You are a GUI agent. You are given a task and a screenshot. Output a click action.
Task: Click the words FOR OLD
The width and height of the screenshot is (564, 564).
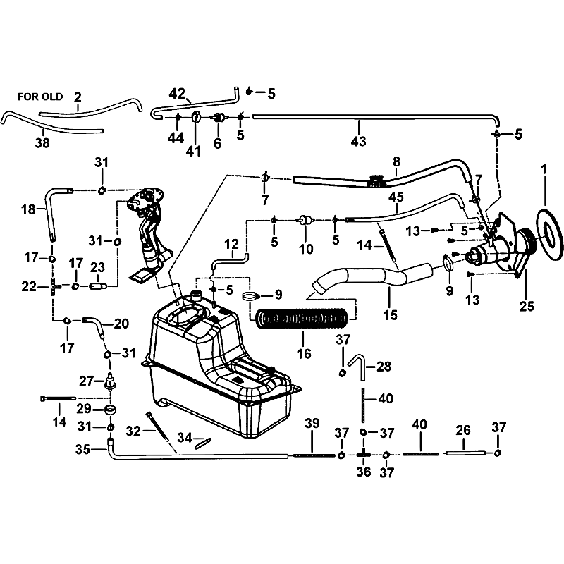tap(40, 97)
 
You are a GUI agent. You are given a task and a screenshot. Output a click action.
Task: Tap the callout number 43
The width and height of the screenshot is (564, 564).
tap(358, 141)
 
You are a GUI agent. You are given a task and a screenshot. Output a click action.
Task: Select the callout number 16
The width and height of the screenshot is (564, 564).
tap(304, 354)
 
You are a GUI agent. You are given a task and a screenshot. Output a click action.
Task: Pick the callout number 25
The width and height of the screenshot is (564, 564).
tap(527, 306)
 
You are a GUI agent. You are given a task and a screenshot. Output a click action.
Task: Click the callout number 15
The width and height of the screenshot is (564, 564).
tap(390, 315)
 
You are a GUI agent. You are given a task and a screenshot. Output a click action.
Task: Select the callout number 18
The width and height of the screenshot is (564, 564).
tap(28, 209)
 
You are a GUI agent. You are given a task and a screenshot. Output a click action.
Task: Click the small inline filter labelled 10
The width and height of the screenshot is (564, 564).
tap(306, 220)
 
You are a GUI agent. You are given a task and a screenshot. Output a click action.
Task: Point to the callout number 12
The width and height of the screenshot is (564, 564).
tap(231, 244)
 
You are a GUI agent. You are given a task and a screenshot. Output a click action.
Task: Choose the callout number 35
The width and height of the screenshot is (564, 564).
tap(82, 449)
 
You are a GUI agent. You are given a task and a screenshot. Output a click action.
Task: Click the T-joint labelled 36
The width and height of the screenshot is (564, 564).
tap(363, 455)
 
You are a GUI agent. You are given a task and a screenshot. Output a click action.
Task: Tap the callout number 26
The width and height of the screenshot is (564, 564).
tap(463, 430)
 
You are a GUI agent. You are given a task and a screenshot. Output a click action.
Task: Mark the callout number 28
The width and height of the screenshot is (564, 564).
tap(384, 367)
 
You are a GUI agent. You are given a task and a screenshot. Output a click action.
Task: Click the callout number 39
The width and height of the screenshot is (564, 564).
tap(312, 424)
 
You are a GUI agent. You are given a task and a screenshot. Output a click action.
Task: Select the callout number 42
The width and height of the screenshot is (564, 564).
tap(177, 94)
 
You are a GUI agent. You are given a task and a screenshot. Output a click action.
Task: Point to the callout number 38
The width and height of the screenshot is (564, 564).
tap(42, 143)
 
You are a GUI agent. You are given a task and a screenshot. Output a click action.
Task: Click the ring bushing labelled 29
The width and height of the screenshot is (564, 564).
tap(110, 410)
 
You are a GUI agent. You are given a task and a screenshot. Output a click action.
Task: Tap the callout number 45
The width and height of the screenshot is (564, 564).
tap(396, 197)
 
